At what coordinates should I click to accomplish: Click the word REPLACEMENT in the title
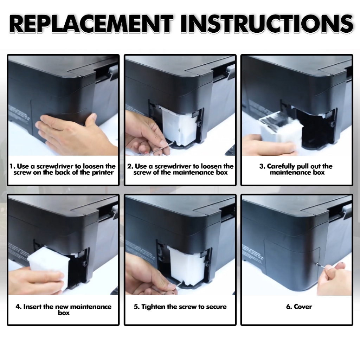tap(91, 24)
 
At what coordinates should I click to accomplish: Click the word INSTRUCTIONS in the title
tap(266, 24)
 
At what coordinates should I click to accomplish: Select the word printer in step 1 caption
tap(103, 172)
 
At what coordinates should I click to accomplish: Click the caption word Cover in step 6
tap(303, 307)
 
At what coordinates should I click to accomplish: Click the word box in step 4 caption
tap(64, 313)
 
